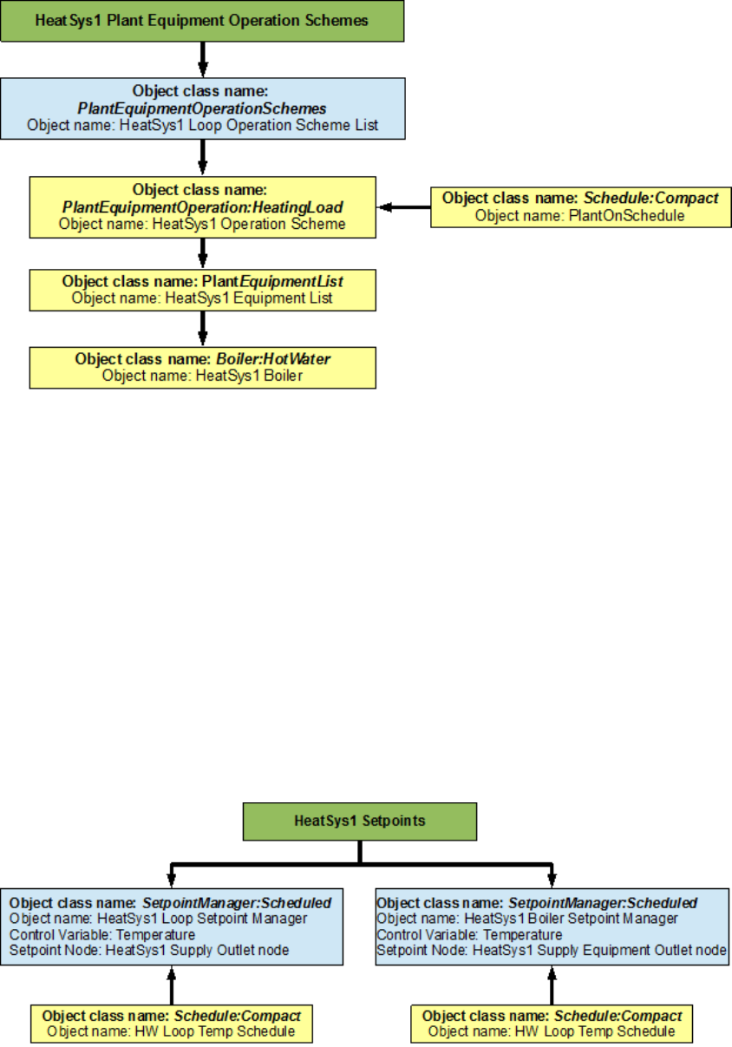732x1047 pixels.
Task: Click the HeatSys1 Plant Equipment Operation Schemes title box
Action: point(202,20)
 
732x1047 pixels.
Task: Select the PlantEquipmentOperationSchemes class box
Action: point(202,108)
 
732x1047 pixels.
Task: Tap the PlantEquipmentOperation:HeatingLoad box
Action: point(202,206)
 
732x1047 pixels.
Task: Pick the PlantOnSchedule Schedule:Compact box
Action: point(578,206)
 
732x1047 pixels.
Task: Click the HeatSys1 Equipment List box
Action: point(202,290)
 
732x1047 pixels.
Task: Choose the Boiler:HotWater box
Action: point(202,367)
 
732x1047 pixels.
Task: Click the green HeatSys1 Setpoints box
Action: point(359,821)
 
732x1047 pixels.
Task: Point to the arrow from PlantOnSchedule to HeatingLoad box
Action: point(404,207)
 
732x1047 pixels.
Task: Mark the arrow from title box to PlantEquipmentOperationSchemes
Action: point(202,59)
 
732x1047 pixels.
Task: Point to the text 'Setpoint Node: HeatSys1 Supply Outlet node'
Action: point(149,950)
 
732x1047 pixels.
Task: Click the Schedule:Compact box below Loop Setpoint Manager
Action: point(172,1023)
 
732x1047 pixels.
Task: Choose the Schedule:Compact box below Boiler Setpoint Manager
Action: point(551,1023)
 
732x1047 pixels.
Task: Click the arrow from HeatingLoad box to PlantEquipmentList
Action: point(202,252)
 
